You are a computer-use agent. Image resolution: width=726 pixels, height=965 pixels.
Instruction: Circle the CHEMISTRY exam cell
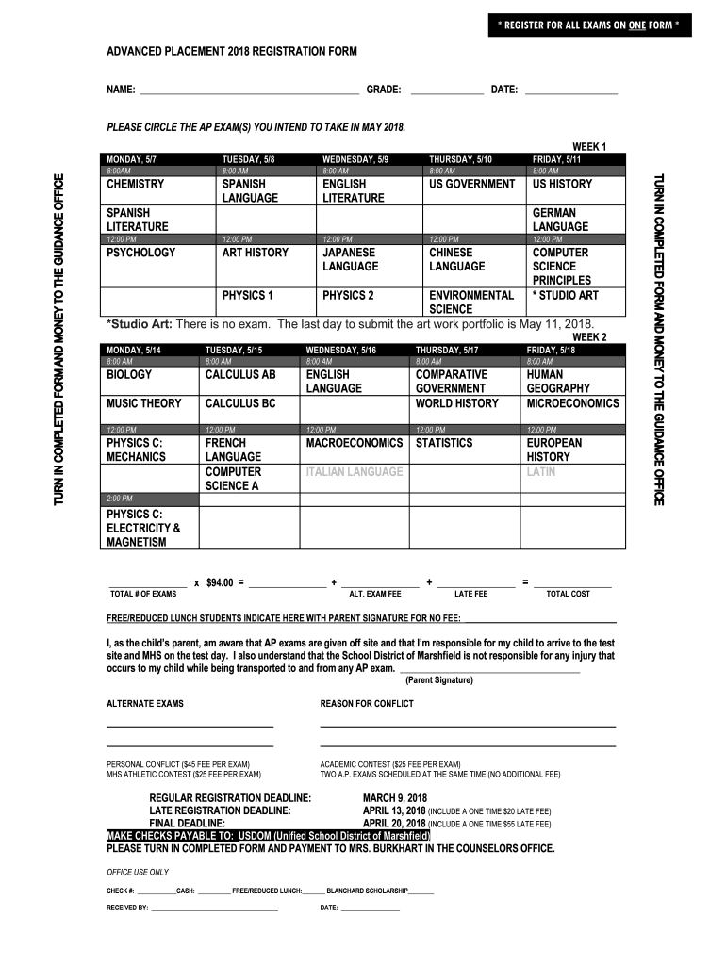pos(136,185)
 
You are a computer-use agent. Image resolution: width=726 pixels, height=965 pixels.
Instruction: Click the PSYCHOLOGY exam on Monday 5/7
pos(141,254)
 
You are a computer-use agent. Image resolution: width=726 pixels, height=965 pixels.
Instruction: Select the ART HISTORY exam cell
pos(255,254)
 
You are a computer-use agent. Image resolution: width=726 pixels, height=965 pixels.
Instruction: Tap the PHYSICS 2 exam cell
pos(348,295)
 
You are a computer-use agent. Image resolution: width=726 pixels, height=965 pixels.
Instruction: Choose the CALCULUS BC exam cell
pos(240,403)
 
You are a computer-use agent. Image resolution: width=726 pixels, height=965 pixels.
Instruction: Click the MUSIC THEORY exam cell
pos(144,403)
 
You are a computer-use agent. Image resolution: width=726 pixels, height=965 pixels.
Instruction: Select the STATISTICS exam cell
pos(444,443)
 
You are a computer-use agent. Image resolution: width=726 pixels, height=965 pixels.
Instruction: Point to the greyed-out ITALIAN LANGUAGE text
pos(354,471)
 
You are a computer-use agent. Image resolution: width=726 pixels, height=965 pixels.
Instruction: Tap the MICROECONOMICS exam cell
pos(572,403)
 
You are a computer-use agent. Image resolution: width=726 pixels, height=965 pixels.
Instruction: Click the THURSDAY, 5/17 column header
pos(447,350)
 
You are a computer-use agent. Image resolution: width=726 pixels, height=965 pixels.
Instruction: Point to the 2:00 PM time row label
pos(120,498)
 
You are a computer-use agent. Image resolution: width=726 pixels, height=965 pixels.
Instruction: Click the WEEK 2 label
pos(589,336)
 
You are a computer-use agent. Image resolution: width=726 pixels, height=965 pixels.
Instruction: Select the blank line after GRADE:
pos(447,90)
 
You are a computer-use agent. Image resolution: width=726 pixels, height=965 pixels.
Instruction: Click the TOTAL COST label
pos(568,595)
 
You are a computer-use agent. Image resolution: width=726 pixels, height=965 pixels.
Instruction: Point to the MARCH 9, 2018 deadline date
pos(401,798)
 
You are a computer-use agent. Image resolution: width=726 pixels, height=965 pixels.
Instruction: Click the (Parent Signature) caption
pos(439,679)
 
